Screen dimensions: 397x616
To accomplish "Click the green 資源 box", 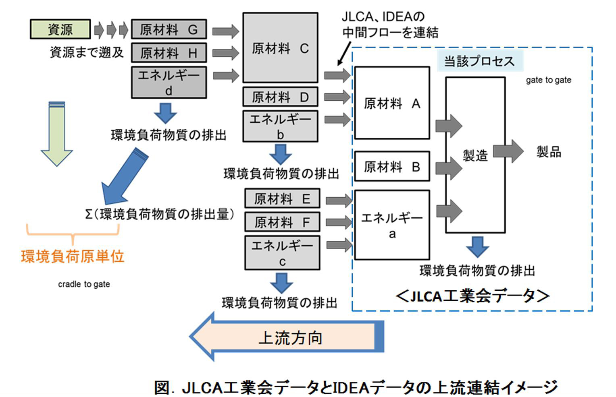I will click(x=60, y=29).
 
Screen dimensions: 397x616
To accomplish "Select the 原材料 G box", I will click(x=169, y=29).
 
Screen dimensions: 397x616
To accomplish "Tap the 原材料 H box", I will click(x=169, y=53).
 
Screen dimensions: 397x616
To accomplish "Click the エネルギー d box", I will click(x=169, y=82).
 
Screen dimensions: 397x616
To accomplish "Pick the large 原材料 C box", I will click(x=280, y=48).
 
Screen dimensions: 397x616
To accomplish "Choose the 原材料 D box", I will click(x=280, y=97).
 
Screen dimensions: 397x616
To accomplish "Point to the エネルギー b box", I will click(x=280, y=126).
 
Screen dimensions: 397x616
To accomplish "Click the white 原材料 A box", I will click(x=391, y=103).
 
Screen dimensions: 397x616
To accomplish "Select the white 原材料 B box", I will click(x=391, y=166).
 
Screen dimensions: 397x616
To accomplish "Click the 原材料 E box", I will click(x=282, y=198).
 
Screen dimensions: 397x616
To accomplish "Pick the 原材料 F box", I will click(x=282, y=222).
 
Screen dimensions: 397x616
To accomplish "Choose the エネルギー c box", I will click(x=282, y=252).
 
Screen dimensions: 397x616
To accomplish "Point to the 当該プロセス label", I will click(x=479, y=61).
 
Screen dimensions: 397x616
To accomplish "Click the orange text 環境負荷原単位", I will click(x=73, y=256).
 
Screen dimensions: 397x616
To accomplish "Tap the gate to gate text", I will click(x=548, y=80).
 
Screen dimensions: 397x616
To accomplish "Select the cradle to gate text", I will click(x=84, y=284).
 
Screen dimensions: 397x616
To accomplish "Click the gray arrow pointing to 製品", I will click(x=508, y=151).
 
